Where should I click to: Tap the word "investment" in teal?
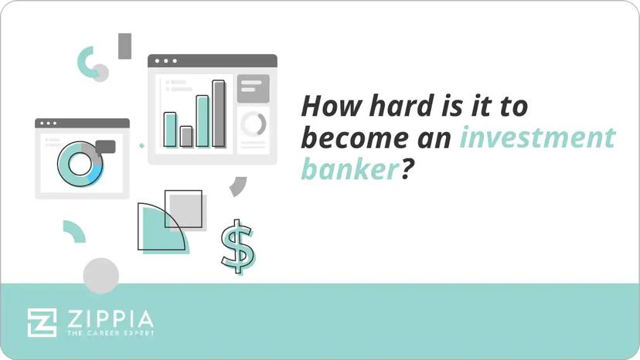[x=537, y=139]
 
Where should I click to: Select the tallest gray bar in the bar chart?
[x=219, y=114]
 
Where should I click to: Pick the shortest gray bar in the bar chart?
[x=186, y=137]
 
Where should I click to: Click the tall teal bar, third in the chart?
[x=203, y=121]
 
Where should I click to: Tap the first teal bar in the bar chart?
[x=170, y=129]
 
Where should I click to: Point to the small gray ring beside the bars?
[x=253, y=124]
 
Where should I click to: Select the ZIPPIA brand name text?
[x=109, y=318]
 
